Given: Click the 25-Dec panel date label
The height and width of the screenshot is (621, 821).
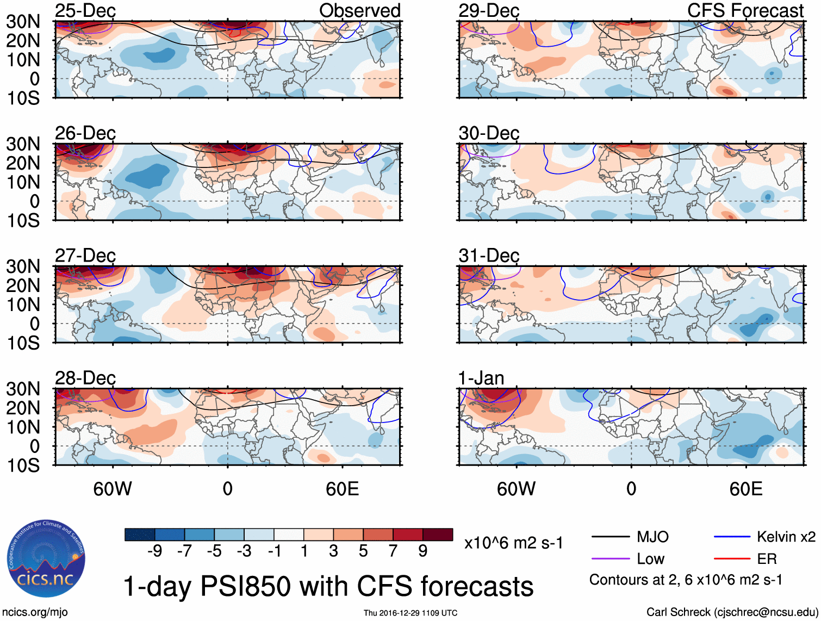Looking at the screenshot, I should (85, 10).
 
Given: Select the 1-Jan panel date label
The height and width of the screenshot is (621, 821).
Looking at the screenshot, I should (481, 378).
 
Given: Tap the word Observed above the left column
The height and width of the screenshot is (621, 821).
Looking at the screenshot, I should (359, 10).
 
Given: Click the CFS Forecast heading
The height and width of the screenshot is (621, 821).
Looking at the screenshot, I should (745, 10).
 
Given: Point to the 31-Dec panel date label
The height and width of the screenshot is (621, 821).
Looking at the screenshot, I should (489, 256).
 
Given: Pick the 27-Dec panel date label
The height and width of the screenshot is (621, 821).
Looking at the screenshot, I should (85, 256).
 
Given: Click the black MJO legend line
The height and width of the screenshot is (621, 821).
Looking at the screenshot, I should (610, 537).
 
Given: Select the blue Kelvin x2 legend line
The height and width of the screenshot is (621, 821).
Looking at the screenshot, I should (732, 537).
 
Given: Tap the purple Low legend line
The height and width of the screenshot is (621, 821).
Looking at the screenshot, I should (610, 559).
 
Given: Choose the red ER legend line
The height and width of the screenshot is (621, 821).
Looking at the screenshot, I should (732, 559).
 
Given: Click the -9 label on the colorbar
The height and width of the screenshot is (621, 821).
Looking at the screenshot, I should (154, 551).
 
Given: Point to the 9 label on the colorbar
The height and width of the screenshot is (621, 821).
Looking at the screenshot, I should (423, 551).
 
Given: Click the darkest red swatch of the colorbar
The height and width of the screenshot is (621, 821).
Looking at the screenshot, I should (438, 535).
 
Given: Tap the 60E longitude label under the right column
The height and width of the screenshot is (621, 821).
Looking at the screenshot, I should (745, 489).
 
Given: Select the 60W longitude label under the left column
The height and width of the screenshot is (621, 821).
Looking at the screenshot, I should (113, 489).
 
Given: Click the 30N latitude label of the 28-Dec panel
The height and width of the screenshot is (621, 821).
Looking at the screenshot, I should (23, 389).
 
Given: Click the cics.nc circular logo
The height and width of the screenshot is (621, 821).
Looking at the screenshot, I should (46, 560).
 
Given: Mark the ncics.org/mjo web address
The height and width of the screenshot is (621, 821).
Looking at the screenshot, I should (35, 612).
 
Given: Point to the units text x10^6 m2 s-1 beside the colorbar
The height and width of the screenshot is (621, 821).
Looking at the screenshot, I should (513, 543).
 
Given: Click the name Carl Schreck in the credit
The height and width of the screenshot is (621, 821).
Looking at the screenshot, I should (678, 612).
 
